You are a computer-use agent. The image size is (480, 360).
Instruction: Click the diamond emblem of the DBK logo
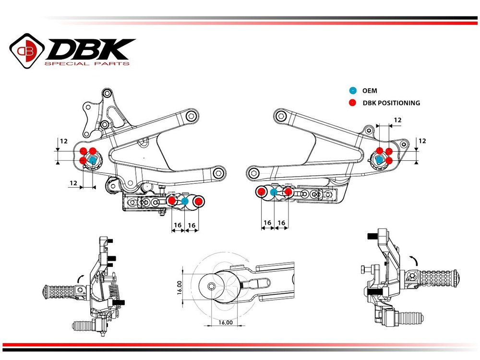coord(27,50)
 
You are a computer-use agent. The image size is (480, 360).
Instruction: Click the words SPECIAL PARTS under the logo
coord(86,63)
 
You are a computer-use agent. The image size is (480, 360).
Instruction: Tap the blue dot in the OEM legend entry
coord(353,90)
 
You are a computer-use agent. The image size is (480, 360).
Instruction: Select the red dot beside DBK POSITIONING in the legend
coord(353,103)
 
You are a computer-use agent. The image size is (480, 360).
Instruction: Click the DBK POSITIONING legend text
coord(392,103)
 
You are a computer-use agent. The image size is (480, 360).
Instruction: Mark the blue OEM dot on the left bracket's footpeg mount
coord(93,160)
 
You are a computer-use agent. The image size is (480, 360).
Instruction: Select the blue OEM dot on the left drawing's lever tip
coord(185,201)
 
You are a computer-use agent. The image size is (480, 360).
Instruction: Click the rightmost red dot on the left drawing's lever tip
coord(198,201)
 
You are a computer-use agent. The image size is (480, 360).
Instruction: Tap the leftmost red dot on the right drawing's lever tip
coord(262,192)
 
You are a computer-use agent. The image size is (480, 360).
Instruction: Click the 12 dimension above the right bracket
coord(397,120)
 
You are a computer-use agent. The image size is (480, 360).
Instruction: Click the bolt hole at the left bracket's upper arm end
coord(192,116)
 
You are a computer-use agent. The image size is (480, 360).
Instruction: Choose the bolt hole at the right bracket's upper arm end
coord(281,116)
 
